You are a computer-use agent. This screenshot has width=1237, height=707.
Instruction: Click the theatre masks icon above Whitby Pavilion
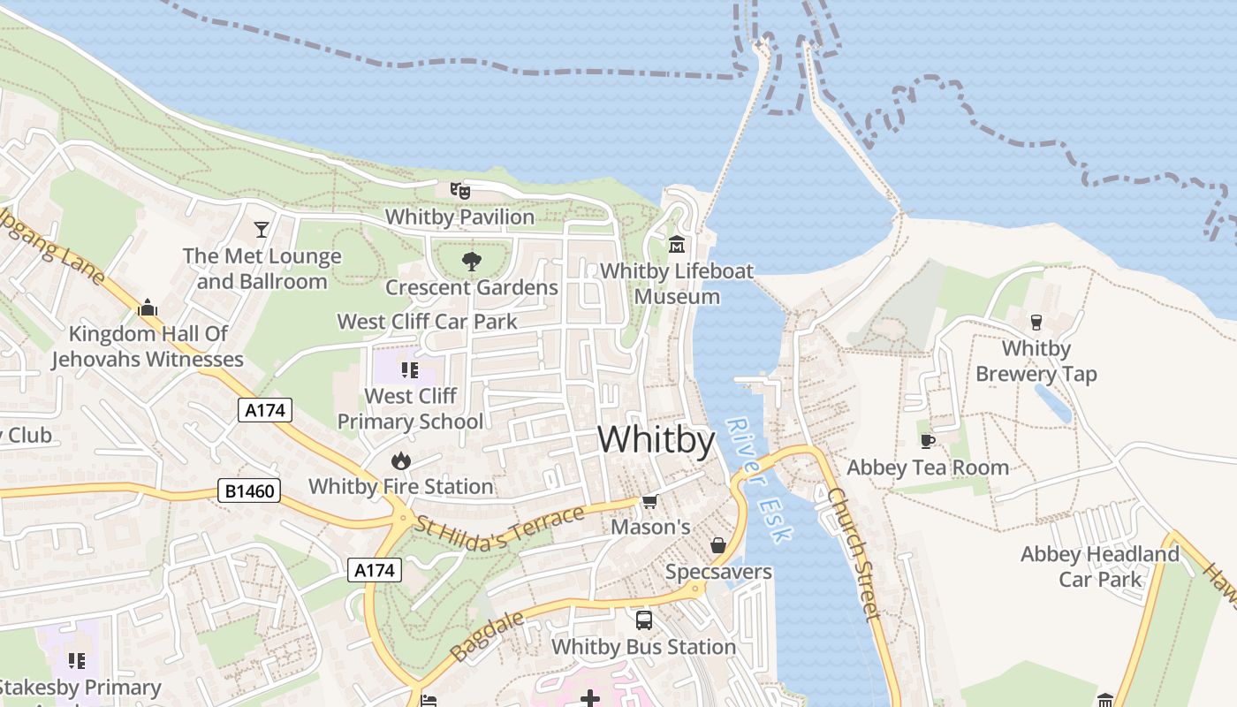[459, 190]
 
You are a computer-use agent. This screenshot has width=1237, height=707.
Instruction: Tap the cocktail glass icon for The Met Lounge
[262, 230]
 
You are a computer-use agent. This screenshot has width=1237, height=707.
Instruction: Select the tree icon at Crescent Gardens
[472, 261]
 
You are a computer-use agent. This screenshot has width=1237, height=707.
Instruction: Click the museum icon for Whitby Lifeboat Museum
[677, 244]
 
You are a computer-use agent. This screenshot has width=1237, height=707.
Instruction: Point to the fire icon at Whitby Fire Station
[400, 460]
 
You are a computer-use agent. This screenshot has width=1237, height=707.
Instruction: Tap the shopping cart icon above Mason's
[649, 502]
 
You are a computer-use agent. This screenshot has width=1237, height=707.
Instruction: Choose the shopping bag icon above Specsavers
[718, 545]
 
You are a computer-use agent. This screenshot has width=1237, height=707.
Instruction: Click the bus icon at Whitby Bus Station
[643, 620]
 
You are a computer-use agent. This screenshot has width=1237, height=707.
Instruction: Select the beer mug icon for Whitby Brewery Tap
[1036, 322]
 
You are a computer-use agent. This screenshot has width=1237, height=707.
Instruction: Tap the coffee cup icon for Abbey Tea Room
[927, 441]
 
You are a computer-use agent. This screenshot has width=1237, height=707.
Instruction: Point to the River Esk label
[759, 478]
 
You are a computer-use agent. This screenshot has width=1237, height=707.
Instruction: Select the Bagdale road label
[485, 634]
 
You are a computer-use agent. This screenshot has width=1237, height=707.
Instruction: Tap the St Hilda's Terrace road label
[500, 528]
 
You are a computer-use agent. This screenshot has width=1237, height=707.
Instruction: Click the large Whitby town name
[656, 439]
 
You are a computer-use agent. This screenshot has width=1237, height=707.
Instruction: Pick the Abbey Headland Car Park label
[1099, 566]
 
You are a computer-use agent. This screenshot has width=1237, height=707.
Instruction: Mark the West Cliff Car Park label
[428, 321]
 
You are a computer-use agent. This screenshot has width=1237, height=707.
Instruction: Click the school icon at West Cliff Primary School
[409, 369]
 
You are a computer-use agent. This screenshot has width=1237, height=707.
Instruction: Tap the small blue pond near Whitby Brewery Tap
[1053, 403]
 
